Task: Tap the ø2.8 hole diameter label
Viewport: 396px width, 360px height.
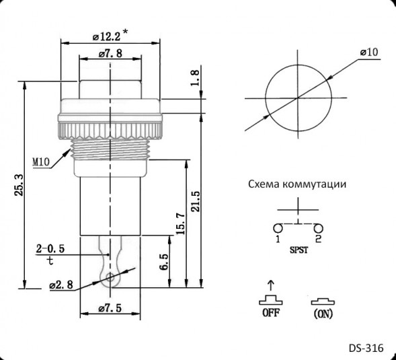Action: coord(61,285)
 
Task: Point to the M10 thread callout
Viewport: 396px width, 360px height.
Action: coord(43,162)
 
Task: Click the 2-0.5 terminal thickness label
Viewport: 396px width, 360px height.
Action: coord(50,248)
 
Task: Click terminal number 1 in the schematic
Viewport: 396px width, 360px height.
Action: coord(277,238)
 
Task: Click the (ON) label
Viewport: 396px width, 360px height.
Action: coord(323,313)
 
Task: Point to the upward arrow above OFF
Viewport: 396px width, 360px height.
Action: coord(270,285)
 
